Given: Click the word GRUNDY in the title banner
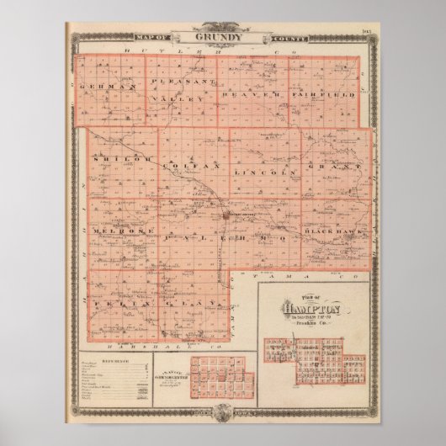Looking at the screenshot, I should [222, 38].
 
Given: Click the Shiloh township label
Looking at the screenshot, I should [114, 157].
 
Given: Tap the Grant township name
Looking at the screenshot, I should [347, 167].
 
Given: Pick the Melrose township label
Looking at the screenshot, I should [115, 229].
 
